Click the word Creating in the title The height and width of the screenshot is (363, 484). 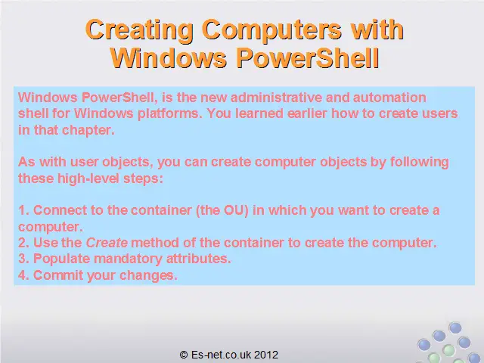coord(139,30)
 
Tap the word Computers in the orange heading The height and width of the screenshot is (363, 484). coord(271,30)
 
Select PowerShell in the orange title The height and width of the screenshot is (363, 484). coord(308,57)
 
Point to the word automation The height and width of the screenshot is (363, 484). coord(389,98)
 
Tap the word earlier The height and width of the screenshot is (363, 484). coord(307,113)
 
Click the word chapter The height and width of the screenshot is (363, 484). coord(88,130)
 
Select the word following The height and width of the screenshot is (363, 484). coord(420,163)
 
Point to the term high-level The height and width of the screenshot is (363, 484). coord(88,178)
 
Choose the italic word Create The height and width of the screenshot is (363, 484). coord(107,243)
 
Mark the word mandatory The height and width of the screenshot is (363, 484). coord(128,259)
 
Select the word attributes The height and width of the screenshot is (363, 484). coord(198,259)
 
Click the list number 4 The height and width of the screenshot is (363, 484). coord(22,275)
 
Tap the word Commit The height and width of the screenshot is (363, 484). coord(58,275)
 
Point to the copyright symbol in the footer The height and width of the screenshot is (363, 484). coord(184,355)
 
